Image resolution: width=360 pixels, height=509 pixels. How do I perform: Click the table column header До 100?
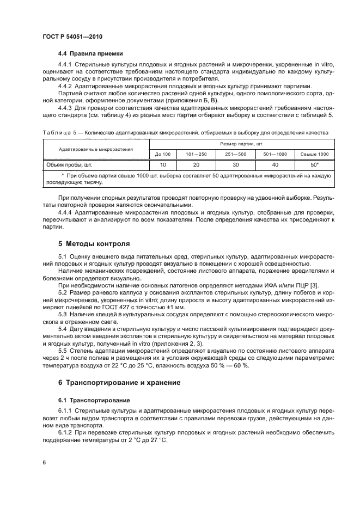163,154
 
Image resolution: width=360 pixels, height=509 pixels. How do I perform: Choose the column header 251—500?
235,154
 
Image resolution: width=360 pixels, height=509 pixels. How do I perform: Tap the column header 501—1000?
274,154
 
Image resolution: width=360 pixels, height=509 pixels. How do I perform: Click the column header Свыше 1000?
314,154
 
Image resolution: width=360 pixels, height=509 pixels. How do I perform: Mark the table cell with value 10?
163,164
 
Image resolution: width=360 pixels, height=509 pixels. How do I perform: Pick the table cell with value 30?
235,164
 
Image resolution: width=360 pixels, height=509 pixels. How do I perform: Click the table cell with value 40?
274,164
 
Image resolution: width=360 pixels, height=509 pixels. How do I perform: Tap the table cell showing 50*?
314,164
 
